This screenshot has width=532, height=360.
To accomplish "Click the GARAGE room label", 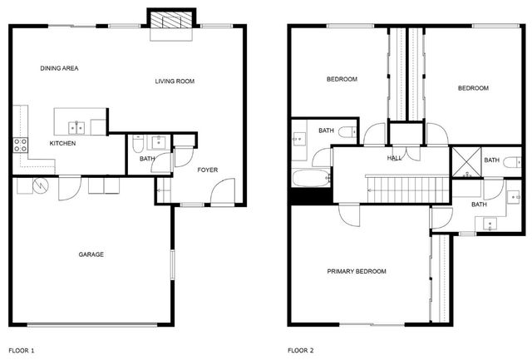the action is coord(91,254).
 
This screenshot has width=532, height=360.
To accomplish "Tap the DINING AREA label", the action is coord(59,68).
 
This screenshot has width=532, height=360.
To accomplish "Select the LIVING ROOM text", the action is coord(175,81).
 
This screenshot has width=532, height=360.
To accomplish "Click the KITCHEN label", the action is coord(63,144).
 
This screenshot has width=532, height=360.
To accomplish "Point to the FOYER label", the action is coord(208,170).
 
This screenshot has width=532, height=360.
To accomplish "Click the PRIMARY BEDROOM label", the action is coord(357,271).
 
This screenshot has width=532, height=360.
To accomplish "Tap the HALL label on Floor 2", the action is coord(394,158).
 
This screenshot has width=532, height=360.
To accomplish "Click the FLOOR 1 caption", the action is coord(22,351).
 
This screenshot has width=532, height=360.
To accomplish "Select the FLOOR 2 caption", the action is coord(301,351).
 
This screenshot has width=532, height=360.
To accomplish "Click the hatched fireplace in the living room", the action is coord(171,20).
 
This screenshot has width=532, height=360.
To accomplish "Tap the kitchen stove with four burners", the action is coord(20,145).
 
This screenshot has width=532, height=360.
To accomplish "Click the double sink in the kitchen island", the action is coord(76,128).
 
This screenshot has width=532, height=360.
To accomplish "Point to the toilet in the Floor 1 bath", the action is coord(138,144).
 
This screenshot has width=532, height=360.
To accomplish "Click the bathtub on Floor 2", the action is coord(311,178).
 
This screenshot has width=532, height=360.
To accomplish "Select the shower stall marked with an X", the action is coord(466,162).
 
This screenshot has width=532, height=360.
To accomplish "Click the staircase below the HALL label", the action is coord(408,190).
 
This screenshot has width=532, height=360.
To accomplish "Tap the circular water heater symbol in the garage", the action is coord(41,185).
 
